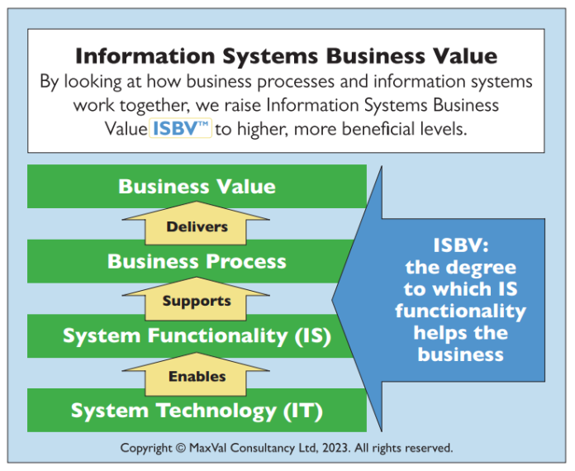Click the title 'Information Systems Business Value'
click(286, 56)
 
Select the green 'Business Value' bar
click(197, 186)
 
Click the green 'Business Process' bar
click(197, 262)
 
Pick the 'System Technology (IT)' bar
click(197, 411)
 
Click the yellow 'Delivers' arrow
click(197, 226)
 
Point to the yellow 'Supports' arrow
click(197, 301)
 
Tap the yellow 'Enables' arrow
click(197, 376)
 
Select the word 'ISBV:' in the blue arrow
click(461, 245)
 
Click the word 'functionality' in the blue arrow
click(460, 312)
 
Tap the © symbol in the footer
click(179, 449)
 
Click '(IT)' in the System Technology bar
click(302, 411)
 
